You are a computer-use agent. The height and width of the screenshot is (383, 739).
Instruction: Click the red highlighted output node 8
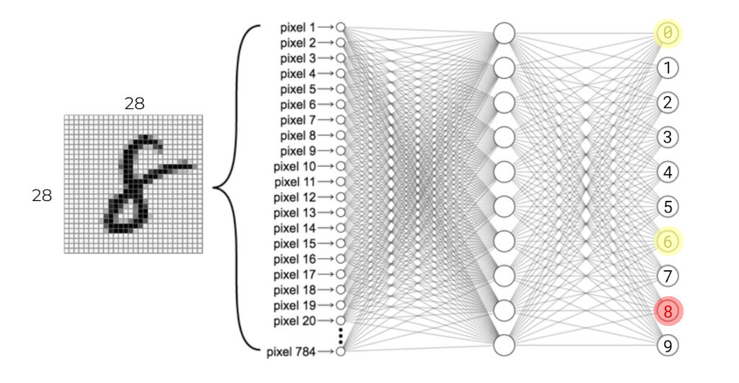[x=668, y=311]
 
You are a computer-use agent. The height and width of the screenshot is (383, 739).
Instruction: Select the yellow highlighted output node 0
[x=668, y=33]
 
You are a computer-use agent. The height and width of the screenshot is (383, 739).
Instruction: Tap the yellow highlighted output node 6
[x=668, y=241]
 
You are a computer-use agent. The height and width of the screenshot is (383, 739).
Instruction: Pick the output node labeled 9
[x=668, y=345]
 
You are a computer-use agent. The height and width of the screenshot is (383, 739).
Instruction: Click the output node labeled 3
[x=668, y=137]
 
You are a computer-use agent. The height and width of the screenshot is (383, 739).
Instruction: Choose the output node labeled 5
[x=668, y=207]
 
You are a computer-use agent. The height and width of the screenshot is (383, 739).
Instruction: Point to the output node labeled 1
[x=668, y=68]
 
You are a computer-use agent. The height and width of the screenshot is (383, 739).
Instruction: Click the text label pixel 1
[x=297, y=27]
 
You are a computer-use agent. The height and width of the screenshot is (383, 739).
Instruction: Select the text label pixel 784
[x=290, y=352]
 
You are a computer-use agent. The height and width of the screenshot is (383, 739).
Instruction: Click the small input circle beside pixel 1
[x=341, y=27]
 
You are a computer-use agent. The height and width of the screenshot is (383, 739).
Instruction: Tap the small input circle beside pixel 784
[x=341, y=351]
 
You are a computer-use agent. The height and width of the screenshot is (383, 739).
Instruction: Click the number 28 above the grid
[x=134, y=104]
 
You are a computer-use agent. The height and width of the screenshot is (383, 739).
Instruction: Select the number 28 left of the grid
[x=42, y=195]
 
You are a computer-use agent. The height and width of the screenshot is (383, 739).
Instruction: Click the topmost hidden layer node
[x=504, y=33]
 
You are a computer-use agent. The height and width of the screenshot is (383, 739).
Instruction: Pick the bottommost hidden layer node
[x=504, y=345]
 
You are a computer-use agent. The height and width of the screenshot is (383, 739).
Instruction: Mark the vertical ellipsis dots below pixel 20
[x=341, y=336]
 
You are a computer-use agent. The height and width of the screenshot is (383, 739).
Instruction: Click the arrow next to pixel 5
[x=325, y=90]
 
